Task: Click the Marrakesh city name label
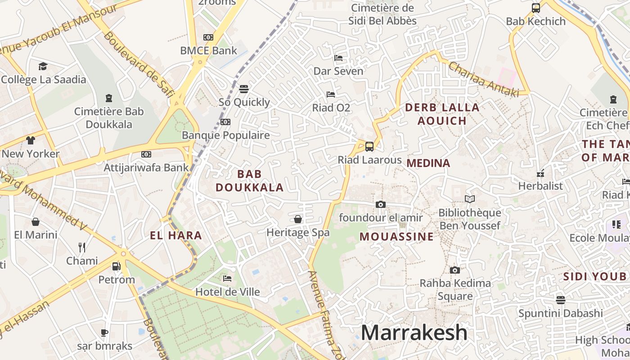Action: coord(414,333)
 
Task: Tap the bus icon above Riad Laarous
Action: coord(369,146)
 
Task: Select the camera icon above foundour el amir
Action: coord(380,205)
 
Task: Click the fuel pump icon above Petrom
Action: coord(116,266)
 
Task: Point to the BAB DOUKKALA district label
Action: coord(249,180)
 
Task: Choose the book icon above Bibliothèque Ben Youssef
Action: coord(469,199)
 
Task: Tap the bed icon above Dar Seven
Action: coord(338,58)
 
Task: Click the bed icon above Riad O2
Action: coord(331,94)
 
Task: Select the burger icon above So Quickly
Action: coord(244,89)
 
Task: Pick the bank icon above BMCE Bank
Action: coord(208,37)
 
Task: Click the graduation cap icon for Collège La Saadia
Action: coord(43,67)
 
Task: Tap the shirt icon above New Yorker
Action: coord(30,140)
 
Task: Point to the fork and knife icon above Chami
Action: coord(81,247)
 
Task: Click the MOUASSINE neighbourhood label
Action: coord(396,237)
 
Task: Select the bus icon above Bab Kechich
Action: coord(535,8)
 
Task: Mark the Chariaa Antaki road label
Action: coord(483,79)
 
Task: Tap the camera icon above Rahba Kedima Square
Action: coord(455,270)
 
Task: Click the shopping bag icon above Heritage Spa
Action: coord(297,219)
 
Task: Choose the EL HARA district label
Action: coord(175,235)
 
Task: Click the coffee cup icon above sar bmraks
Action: coord(104,333)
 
